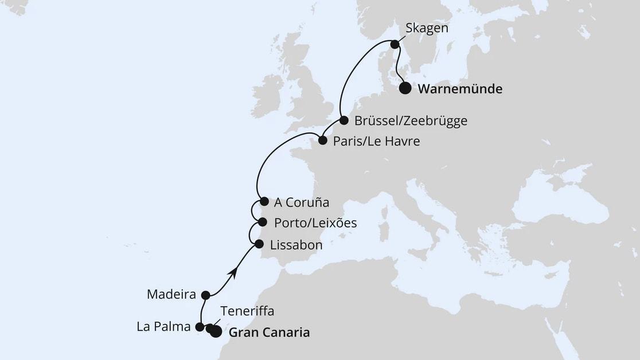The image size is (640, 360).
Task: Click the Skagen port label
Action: click(427, 28)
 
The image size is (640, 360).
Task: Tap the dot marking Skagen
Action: click(395, 44)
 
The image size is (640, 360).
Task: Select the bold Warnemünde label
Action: click(460, 89)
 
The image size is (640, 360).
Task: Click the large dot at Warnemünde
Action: click(405, 88)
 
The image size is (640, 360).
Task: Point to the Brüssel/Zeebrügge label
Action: click(411, 121)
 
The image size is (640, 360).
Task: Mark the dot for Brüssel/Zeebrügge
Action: click(344, 120)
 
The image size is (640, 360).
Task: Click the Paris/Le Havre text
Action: click(377, 141)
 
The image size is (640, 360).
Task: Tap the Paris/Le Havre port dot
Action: click(322, 140)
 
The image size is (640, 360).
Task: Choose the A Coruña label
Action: click(302, 202)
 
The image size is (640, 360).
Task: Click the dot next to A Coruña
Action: click(264, 201)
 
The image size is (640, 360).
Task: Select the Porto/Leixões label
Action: click(315, 223)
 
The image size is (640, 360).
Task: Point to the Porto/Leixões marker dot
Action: click(262, 222)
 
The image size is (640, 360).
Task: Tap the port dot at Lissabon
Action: click(259, 244)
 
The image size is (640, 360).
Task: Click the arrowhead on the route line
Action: click(232, 273)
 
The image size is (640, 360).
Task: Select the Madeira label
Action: click(171, 295)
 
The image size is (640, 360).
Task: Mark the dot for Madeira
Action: click(206, 295)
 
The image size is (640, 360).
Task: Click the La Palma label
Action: click(163, 328)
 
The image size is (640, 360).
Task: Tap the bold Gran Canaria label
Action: click(269, 332)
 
